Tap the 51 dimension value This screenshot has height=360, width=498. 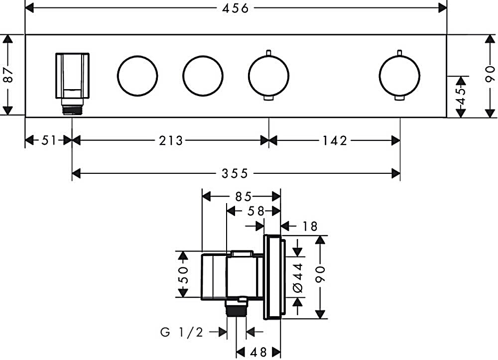click(49, 141)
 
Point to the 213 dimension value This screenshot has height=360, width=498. click(171, 141)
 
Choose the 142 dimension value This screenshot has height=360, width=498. click(334, 141)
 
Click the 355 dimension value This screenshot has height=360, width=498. click(235, 173)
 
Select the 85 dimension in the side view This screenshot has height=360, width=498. click(241, 196)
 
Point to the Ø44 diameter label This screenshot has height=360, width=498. click(298, 276)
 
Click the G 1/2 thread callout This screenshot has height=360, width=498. click(181, 332)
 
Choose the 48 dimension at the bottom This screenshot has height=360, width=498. click(258, 352)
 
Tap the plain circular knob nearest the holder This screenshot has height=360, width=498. click(137, 76)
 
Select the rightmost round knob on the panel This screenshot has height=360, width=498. click(399, 76)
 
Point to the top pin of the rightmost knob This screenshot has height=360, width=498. click(399, 52)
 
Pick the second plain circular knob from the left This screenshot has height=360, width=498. click(203, 76)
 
